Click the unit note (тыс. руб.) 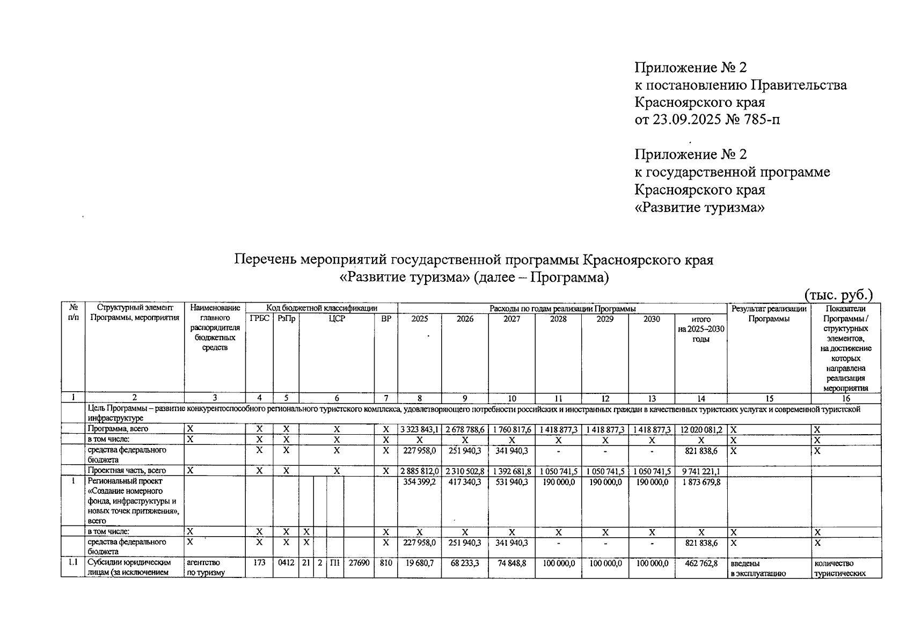(838, 295)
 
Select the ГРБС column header (259, 319)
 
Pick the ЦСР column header (337, 319)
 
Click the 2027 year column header (511, 319)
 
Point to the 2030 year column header (651, 319)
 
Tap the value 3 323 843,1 (419, 430)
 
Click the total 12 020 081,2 (700, 430)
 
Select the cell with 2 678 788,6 (465, 430)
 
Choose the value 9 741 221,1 (700, 471)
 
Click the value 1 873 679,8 (700, 482)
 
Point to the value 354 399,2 (419, 482)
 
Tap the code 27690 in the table (359, 563)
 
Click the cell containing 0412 (286, 563)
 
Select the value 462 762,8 (700, 563)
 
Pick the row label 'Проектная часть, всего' (127, 471)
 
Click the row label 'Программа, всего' (118, 429)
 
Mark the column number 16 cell (846, 398)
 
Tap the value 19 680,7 (419, 563)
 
